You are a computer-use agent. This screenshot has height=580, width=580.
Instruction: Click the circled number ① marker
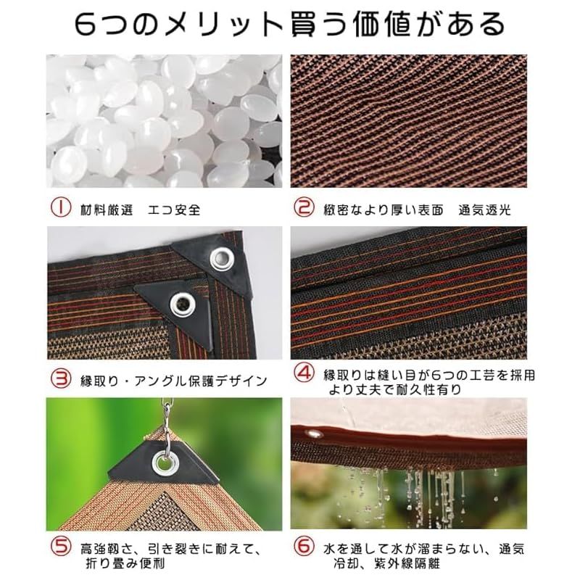point(61,208)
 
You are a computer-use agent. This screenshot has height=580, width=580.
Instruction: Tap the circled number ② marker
point(304,207)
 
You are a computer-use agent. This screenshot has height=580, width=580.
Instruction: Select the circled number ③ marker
point(61,378)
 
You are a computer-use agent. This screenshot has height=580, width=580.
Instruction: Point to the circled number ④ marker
point(304,373)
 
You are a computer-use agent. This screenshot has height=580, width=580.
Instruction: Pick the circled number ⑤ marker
point(61,547)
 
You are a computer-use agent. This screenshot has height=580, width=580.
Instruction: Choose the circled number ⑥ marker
point(304,547)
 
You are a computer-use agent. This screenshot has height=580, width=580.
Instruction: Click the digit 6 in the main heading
point(86,25)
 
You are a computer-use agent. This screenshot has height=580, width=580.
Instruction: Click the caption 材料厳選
point(107,210)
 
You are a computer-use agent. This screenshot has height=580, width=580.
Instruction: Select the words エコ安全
point(174,210)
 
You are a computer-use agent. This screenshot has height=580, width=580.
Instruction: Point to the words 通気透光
point(484,210)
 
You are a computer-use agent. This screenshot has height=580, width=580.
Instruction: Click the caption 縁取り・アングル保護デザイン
point(174,381)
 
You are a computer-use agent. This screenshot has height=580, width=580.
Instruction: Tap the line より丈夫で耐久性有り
point(395,389)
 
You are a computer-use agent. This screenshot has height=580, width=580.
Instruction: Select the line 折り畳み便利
point(125,563)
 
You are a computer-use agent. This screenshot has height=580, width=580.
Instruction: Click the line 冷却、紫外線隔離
point(386,563)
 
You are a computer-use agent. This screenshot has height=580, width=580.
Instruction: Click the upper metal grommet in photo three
point(222,257)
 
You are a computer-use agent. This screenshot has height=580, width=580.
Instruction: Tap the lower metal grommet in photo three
point(183,304)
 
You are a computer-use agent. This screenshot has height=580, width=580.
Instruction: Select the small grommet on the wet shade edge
point(315,433)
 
